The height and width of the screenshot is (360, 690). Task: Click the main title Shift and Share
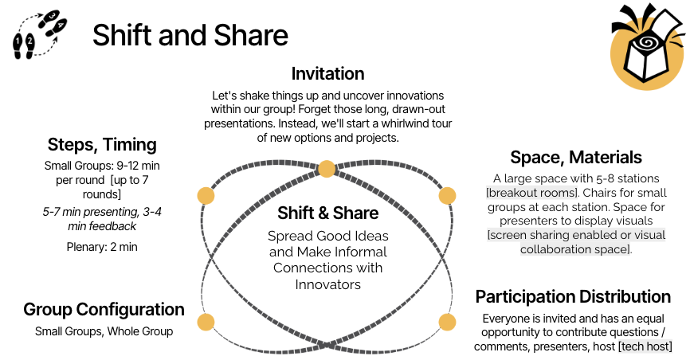click(x=190, y=35)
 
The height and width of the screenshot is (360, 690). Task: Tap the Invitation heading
click(x=327, y=73)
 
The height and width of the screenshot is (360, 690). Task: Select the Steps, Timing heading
click(x=102, y=145)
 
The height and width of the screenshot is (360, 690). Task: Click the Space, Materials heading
click(x=576, y=157)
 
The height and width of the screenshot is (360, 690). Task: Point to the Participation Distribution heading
click(x=573, y=296)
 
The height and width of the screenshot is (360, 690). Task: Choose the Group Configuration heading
click(x=104, y=309)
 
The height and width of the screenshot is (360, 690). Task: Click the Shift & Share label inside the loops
click(x=327, y=213)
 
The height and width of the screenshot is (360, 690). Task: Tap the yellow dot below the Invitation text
click(x=327, y=169)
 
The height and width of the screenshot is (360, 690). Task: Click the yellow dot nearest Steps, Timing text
click(x=206, y=196)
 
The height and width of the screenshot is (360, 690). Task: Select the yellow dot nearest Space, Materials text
click(x=447, y=196)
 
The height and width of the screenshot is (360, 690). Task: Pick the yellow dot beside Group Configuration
click(x=206, y=322)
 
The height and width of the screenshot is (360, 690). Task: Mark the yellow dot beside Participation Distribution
click(x=447, y=322)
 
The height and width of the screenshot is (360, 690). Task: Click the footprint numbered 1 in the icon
click(x=18, y=45)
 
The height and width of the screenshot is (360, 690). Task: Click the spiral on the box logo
click(x=646, y=43)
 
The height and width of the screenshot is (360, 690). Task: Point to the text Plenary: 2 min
click(x=102, y=247)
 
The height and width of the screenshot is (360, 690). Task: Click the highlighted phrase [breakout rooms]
click(x=532, y=193)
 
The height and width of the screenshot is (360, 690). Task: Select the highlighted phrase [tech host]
click(x=645, y=346)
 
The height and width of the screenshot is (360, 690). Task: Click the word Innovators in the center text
click(x=327, y=285)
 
